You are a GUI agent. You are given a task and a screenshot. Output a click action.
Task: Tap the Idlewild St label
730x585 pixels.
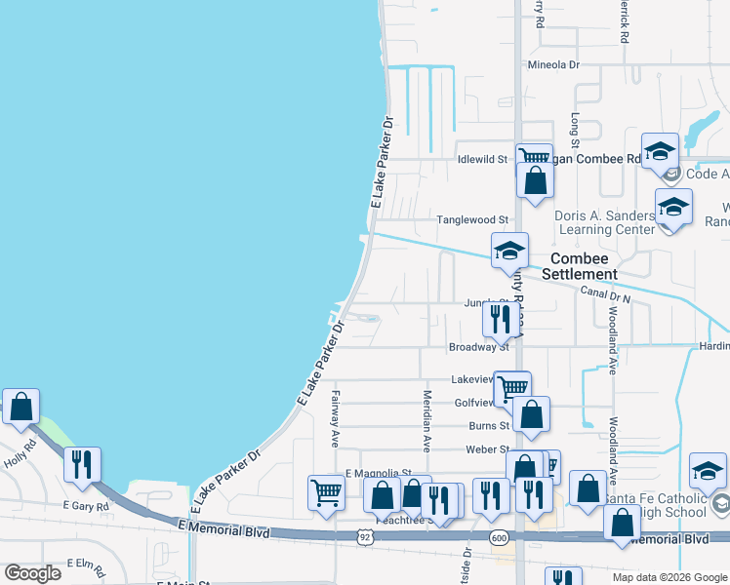pos(483,159)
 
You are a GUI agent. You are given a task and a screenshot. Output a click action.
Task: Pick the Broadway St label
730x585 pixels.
pos(479,346)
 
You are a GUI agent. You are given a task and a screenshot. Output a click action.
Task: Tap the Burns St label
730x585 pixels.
pos(489,425)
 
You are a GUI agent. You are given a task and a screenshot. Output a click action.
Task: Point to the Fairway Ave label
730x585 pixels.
pos(335,418)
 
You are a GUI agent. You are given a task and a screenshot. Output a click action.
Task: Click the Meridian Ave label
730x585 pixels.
pos(426,420)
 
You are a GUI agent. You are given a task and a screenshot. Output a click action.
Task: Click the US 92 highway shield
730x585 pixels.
pos(365,536)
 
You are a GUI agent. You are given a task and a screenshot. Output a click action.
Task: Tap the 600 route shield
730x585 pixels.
pos(500,537)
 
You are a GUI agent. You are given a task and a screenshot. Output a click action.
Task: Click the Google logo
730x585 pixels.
pos(33,573)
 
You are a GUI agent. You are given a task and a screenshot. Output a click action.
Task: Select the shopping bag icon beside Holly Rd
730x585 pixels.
pos(20,408)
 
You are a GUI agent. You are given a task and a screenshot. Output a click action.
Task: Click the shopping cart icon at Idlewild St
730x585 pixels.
pos(533,156)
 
